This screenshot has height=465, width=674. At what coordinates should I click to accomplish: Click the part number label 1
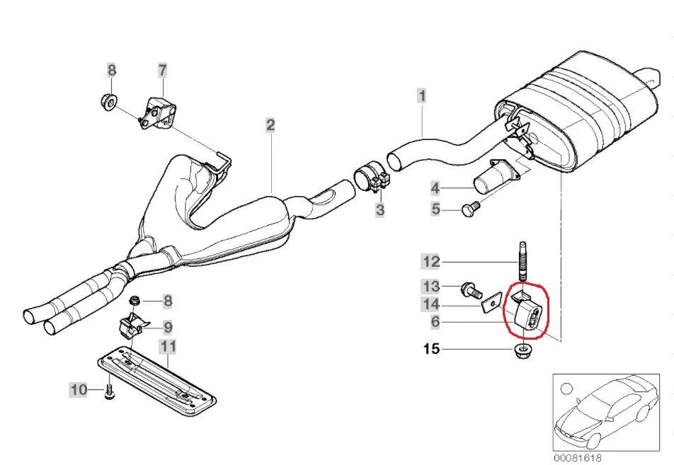[421, 95]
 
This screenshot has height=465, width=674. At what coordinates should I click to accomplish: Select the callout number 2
[270, 125]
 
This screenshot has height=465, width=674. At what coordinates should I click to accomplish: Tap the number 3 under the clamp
[380, 209]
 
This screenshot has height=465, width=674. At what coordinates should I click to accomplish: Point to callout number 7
[162, 70]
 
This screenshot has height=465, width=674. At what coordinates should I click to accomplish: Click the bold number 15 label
[431, 349]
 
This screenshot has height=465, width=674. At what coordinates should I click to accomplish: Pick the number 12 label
[431, 262]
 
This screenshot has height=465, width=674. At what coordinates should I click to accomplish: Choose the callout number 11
[168, 346]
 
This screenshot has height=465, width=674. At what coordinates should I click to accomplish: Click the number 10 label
[78, 389]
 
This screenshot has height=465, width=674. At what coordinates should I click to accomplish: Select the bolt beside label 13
[469, 289]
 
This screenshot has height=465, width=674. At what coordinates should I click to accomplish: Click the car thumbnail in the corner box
[607, 411]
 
